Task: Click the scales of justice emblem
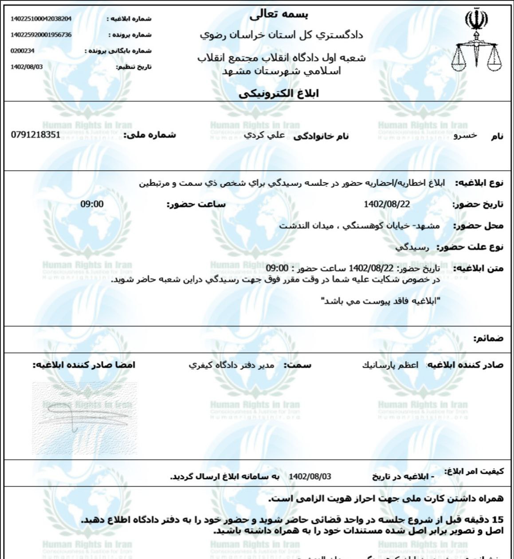(x=476, y=42)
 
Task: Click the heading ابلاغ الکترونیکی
(x=279, y=94)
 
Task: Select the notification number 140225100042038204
(x=41, y=19)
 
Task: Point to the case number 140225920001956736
(x=41, y=35)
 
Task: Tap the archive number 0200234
(x=23, y=51)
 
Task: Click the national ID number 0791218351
(x=35, y=134)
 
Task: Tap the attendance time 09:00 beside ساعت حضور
(x=92, y=204)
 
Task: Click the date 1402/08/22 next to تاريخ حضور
(x=387, y=204)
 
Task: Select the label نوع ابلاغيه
(x=481, y=183)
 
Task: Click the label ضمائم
(x=488, y=339)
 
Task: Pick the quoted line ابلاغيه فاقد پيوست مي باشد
(x=381, y=301)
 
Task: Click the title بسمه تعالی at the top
(x=279, y=15)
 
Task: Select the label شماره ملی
(x=149, y=135)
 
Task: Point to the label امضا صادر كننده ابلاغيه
(x=84, y=365)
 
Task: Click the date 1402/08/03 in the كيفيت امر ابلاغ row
(x=310, y=477)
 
